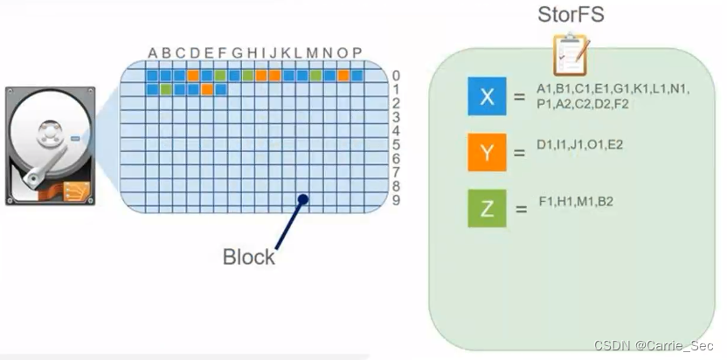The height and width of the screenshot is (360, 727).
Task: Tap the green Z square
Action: (x=488, y=208)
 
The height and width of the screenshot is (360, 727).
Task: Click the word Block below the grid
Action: (x=249, y=257)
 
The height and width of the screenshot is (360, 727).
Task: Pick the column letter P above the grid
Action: (x=357, y=53)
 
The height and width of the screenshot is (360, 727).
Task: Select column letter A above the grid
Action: (x=152, y=53)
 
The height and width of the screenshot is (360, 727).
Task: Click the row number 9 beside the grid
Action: (x=396, y=200)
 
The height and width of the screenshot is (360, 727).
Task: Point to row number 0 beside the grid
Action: (x=396, y=75)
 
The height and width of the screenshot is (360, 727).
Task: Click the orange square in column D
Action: (x=193, y=75)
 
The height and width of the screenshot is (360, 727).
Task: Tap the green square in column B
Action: (x=166, y=89)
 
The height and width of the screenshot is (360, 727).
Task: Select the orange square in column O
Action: (x=343, y=75)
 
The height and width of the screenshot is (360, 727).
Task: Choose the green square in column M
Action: (x=315, y=75)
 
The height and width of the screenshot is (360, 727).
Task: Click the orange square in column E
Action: (x=207, y=89)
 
